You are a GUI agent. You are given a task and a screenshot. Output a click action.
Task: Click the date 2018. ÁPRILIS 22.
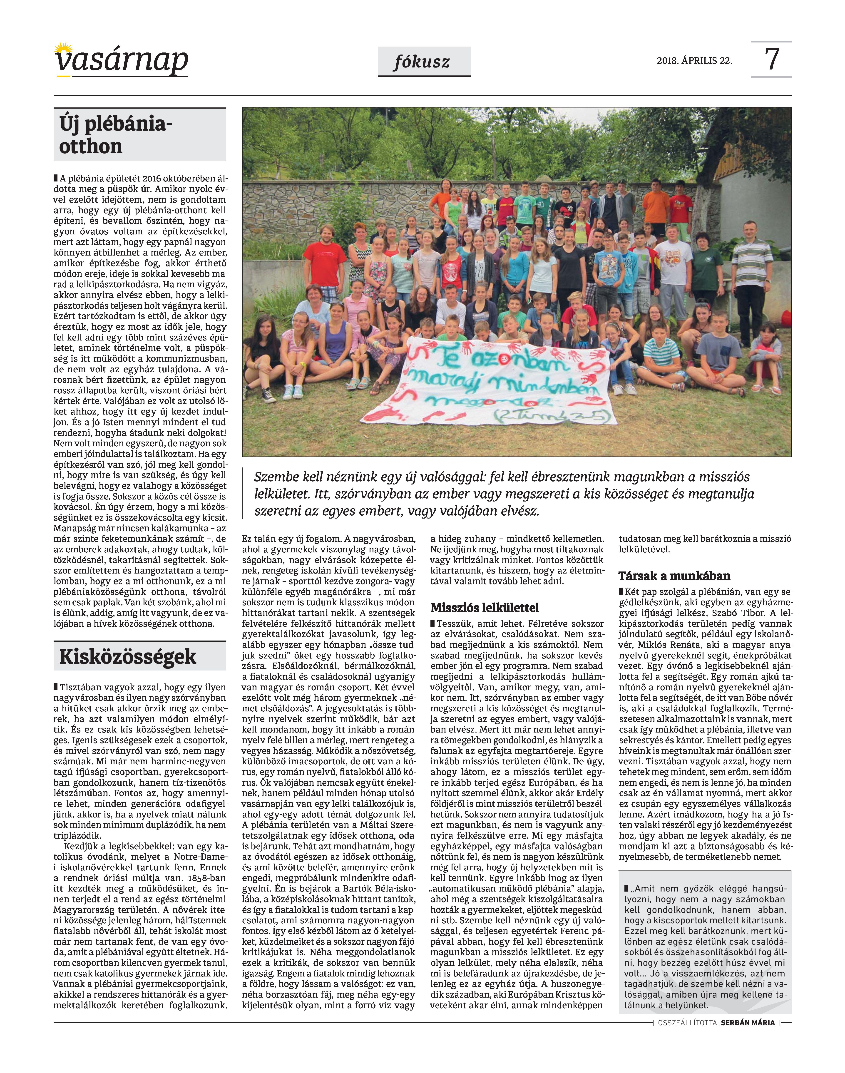[x=694, y=61]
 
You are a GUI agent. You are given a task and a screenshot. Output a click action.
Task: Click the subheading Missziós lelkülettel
[x=484, y=608]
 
